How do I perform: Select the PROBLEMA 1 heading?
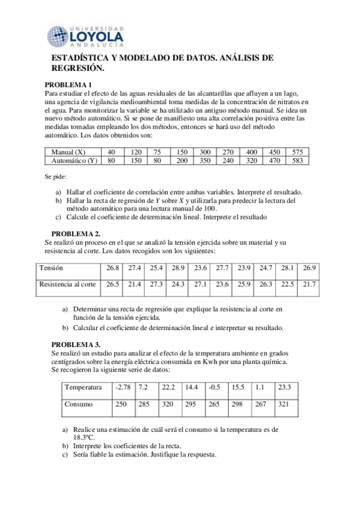(x=69, y=85)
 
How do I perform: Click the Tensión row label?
(x=50, y=267)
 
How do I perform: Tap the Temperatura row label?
(x=85, y=387)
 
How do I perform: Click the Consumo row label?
(x=79, y=405)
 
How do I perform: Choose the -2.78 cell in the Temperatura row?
(x=123, y=387)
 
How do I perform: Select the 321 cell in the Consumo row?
(x=283, y=405)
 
